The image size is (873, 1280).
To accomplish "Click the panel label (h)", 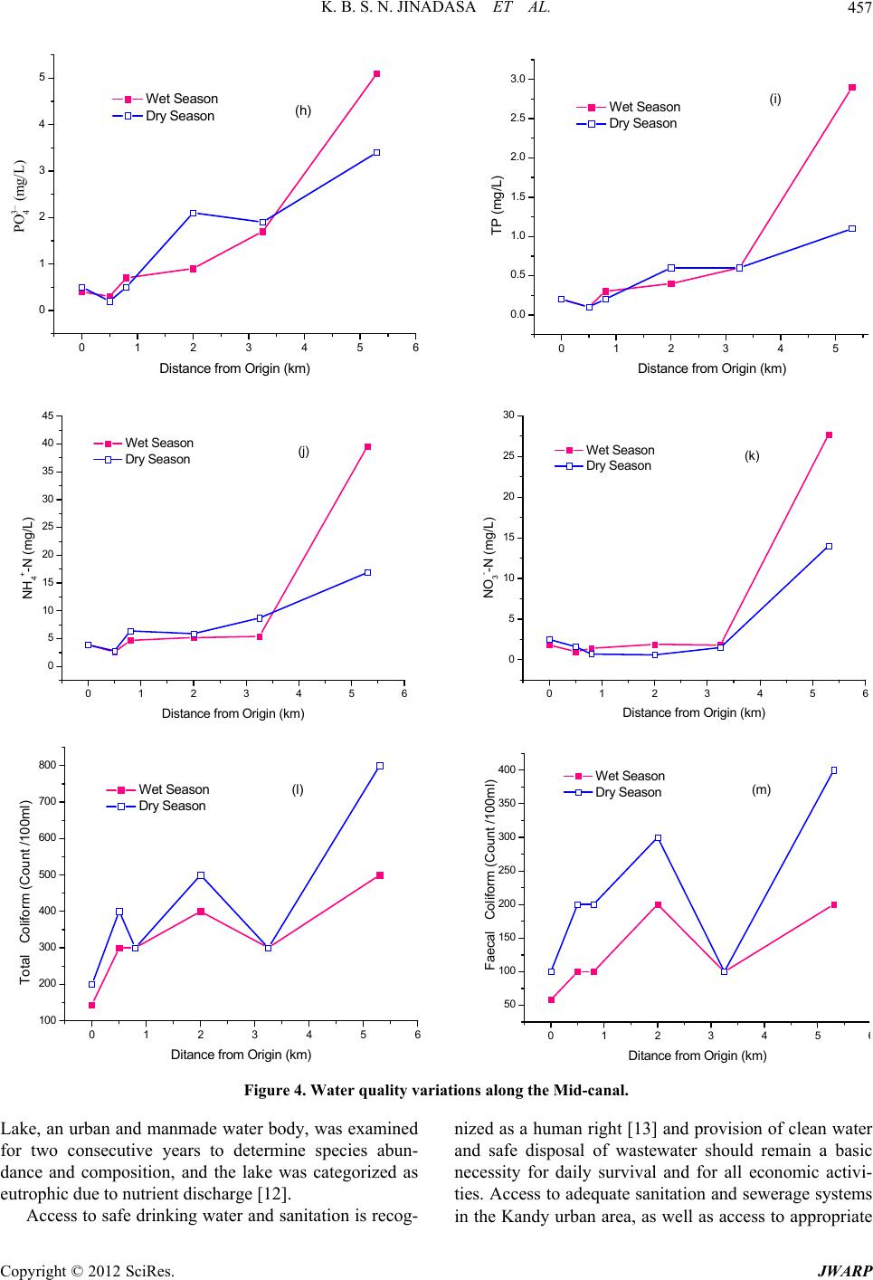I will pyautogui.click(x=303, y=110).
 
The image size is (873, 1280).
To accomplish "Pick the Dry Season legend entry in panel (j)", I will pyautogui.click(x=157, y=459).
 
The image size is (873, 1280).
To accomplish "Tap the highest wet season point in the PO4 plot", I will pyautogui.click(x=376, y=73).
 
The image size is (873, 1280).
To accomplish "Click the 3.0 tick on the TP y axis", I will pyautogui.click(x=517, y=80).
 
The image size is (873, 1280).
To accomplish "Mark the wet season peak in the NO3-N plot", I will pyautogui.click(x=829, y=435).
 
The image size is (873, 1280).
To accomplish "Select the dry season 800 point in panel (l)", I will pyautogui.click(x=380, y=766).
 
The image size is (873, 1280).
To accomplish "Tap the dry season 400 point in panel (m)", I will pyautogui.click(x=834, y=770).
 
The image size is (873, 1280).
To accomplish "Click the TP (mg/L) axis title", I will pyautogui.click(x=497, y=206).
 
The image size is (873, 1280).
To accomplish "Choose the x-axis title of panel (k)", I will pyautogui.click(x=694, y=712).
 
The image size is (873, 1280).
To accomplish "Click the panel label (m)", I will pyautogui.click(x=761, y=789).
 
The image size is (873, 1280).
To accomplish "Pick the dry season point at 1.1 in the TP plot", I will pyautogui.click(x=852, y=229).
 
